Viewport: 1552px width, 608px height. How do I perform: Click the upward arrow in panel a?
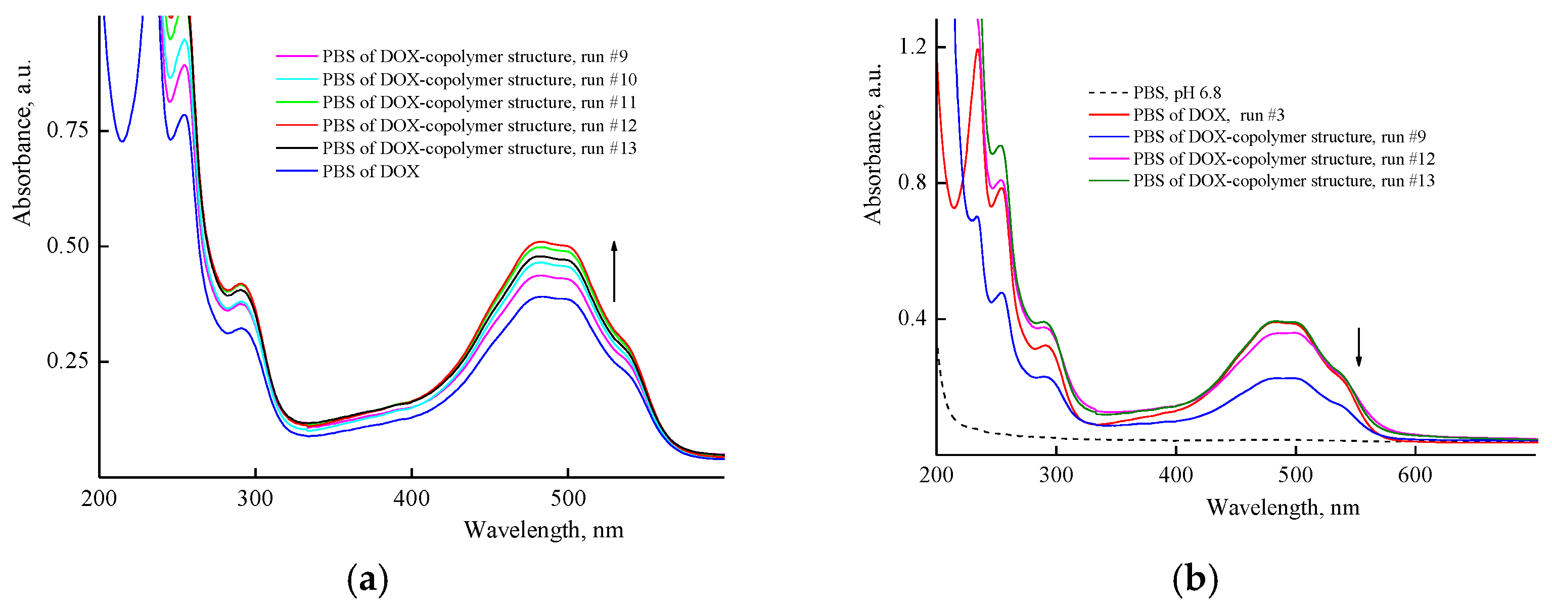[614, 271]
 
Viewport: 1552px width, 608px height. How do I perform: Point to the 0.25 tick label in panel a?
[67, 361]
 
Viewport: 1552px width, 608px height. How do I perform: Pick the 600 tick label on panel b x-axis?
[1414, 476]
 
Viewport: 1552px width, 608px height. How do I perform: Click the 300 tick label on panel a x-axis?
[255, 498]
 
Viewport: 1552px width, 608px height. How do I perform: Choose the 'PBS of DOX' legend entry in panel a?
[370, 172]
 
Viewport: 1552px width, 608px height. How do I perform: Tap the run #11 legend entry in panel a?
[479, 103]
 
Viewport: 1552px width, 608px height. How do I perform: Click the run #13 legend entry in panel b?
[1283, 181]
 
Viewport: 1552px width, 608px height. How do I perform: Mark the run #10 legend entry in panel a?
[479, 79]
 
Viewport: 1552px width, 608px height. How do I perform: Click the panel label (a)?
[368, 580]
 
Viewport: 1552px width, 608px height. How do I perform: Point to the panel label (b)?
[1195, 580]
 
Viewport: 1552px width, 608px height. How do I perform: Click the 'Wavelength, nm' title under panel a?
[543, 530]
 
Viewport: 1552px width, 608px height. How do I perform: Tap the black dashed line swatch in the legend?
[1108, 93]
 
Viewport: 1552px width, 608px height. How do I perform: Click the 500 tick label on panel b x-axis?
[1295, 476]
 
